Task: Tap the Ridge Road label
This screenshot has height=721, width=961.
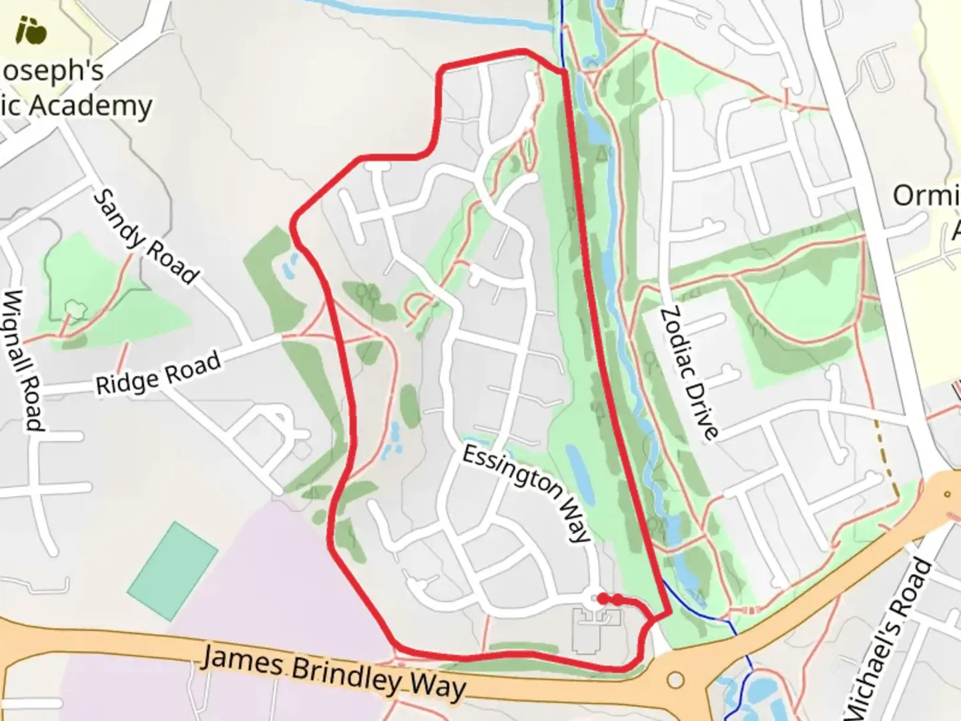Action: pos(158,374)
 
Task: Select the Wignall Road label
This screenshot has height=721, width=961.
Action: pos(23,360)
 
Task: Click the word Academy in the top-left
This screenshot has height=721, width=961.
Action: pos(90,105)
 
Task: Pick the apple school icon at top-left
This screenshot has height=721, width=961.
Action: pos(31,30)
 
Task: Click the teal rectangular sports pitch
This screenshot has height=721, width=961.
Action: pos(173,571)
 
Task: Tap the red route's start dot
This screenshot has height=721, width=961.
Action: pos(602,599)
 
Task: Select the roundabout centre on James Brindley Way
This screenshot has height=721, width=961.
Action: pos(675,680)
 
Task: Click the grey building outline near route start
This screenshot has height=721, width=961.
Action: pos(596,631)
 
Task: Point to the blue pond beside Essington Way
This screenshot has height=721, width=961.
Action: pos(580,475)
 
